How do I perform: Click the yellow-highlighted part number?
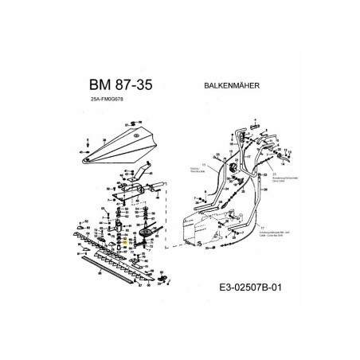click(x=121, y=249)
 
